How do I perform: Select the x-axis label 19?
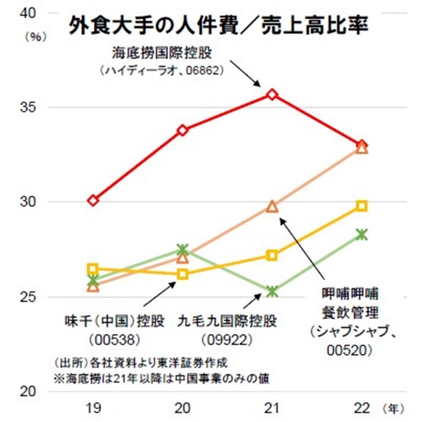[93, 408]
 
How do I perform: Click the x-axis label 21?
[272, 408]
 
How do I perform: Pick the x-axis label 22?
[361, 408]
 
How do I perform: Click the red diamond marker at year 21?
[272, 94]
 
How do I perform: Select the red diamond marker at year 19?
[93, 201]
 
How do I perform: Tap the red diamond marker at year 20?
[182, 130]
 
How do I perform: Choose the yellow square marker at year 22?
[362, 206]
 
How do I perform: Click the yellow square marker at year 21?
[272, 255]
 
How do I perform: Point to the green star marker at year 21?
[272, 291]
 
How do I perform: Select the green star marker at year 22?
[362, 235]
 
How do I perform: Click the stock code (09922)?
[226, 339]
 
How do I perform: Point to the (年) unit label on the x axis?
[392, 408]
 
